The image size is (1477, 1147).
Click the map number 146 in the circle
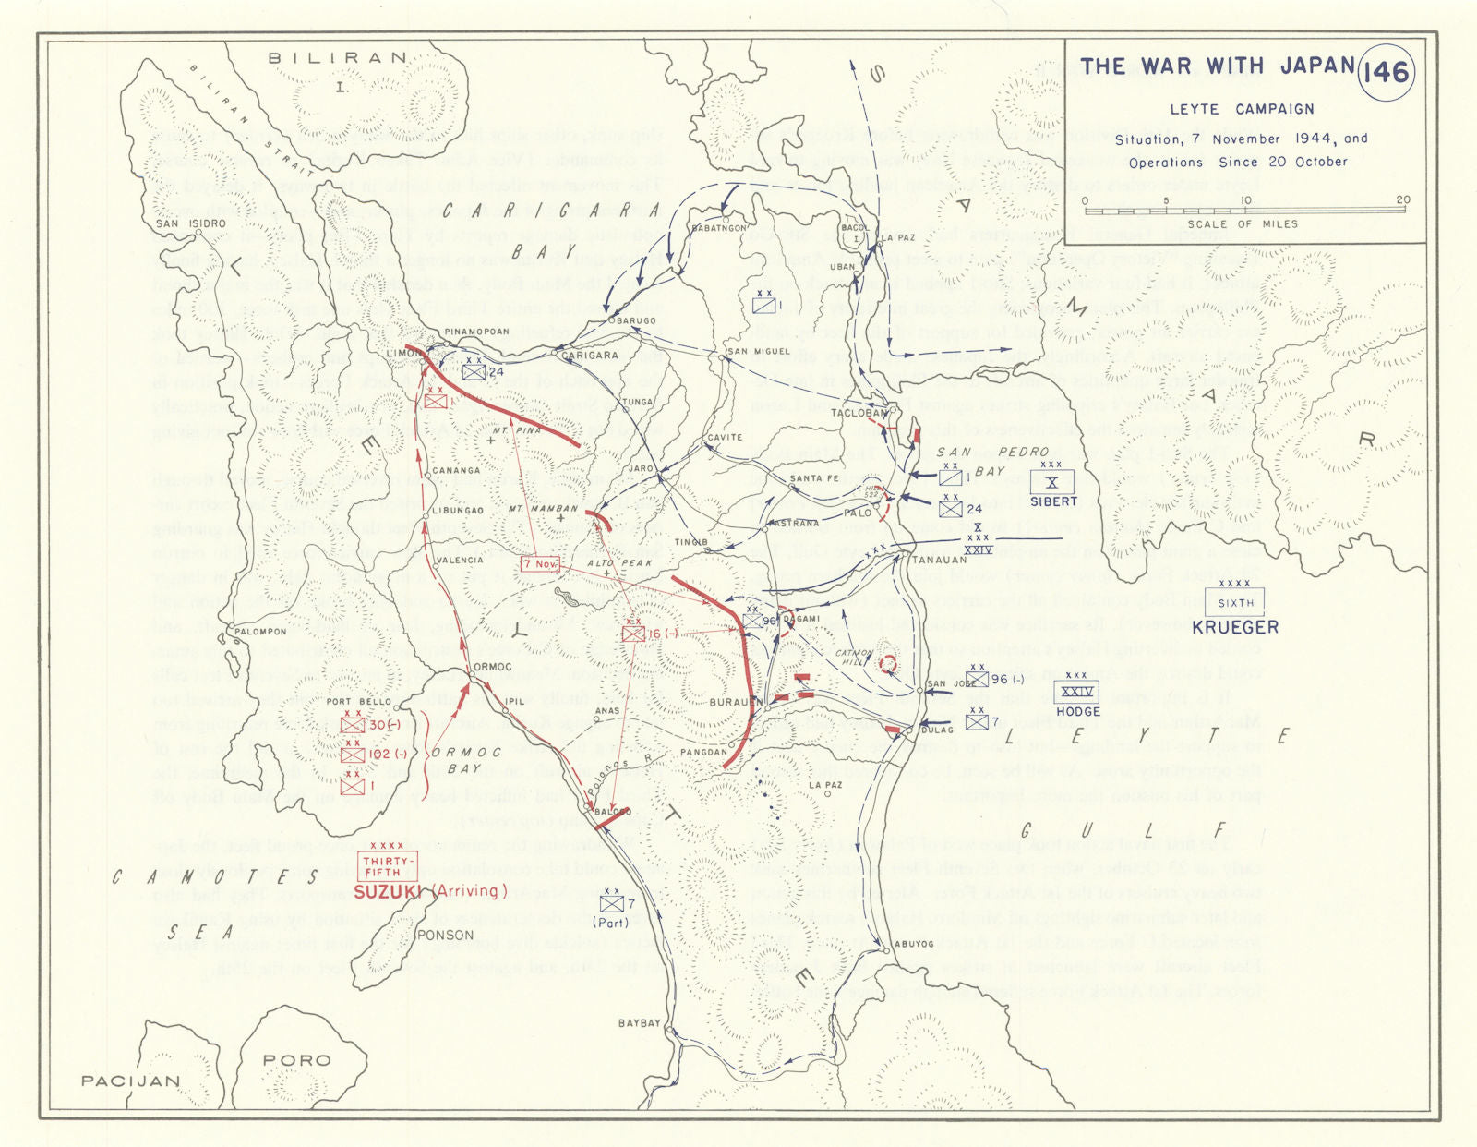pyautogui.click(x=1387, y=71)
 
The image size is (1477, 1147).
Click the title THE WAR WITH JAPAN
pyautogui.click(x=1217, y=66)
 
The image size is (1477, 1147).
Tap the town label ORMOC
pyautogui.click(x=491, y=668)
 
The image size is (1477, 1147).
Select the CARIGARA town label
pyautogui.click(x=590, y=355)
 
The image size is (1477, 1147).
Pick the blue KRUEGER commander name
pyautogui.click(x=1235, y=627)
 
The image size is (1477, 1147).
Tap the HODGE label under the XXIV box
pyautogui.click(x=1077, y=711)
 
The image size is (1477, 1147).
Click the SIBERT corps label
pyautogui.click(x=1053, y=501)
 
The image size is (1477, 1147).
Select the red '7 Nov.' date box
pyautogui.click(x=538, y=563)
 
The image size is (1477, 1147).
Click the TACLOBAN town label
pyautogui.click(x=859, y=413)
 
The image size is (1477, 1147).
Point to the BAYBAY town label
pyautogui.click(x=639, y=1023)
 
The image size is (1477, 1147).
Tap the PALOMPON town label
pyautogui.click(x=259, y=632)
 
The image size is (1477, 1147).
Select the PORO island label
pyautogui.click(x=295, y=1060)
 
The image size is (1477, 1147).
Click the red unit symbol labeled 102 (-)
pyautogui.click(x=354, y=755)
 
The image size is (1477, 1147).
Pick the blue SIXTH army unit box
pyautogui.click(x=1235, y=603)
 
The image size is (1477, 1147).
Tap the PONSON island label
pyautogui.click(x=446, y=935)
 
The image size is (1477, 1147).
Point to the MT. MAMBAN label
pyautogui.click(x=544, y=509)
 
